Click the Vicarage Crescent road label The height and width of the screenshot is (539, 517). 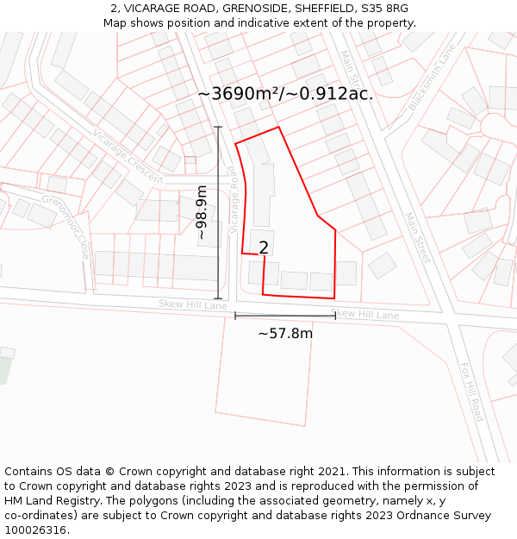pos(128,155)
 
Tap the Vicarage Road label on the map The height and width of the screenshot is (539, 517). pos(234,199)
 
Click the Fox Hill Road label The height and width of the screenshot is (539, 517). pos(471,392)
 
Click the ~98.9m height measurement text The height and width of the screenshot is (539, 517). pos(202,213)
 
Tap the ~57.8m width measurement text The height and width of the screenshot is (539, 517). pos(285,333)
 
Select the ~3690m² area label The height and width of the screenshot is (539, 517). pos(285,94)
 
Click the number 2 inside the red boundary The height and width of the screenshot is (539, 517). pos(264,248)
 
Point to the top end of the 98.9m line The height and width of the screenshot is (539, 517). pos(218,128)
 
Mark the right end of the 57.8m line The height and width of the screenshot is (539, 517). pos(335,316)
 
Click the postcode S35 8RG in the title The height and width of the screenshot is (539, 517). pos(385,9)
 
